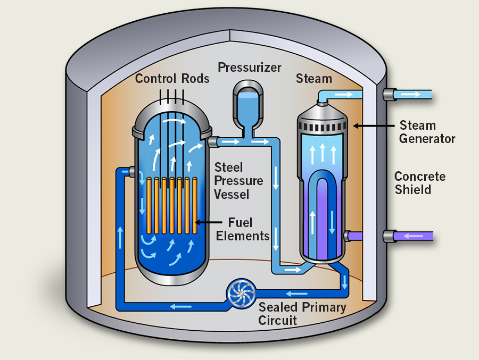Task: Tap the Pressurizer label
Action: point(249,68)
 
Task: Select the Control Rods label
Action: point(172,79)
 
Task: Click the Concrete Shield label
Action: point(420,183)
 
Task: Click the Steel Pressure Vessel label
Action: point(238,181)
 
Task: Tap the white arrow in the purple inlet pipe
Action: point(415,236)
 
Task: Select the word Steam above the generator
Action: point(314,79)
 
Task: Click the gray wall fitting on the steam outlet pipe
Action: point(389,95)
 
